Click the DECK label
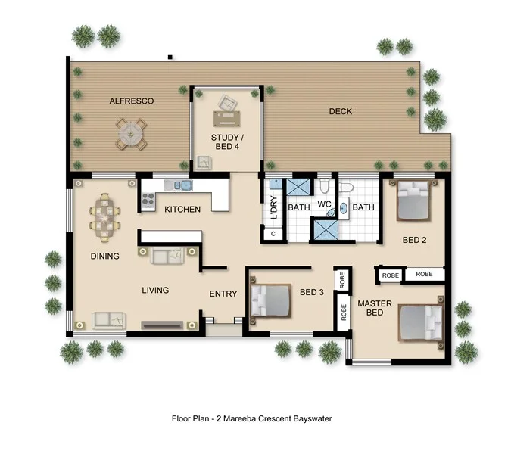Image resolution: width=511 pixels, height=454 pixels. point(341,112)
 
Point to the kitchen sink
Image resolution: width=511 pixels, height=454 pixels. point(182,185)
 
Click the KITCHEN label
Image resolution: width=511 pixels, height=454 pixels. point(182,209)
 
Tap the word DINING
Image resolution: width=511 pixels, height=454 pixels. point(104,257)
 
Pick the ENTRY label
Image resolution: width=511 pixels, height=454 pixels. point(223,294)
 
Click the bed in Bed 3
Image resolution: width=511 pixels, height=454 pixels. point(271,300)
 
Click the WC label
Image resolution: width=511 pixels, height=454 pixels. point(325,205)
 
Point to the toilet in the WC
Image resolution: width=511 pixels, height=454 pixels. point(323,186)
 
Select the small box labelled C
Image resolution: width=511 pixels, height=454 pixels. point(273,235)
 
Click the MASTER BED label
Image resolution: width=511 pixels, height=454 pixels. point(375,309)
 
